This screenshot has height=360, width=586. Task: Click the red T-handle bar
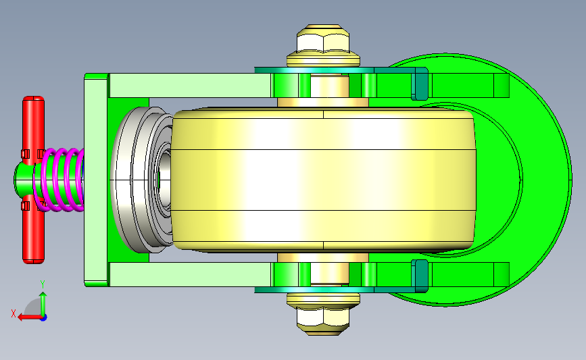coord(34,180)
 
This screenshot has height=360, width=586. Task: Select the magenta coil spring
coord(59,180)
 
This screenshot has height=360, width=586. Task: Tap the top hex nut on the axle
coord(323,39)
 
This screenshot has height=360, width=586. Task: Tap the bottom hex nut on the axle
coord(323,320)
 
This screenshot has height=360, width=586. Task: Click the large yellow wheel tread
coord(324,180)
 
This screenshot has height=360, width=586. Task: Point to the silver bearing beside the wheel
coord(141,180)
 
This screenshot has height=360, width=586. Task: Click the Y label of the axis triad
coord(43,285)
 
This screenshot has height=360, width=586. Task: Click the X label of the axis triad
coord(14,313)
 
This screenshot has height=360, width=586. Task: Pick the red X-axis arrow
coord(30,317)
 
